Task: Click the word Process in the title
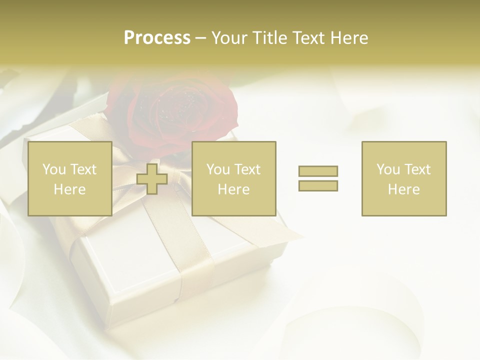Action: point(157,38)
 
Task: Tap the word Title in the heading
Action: point(268,38)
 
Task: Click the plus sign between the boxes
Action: point(152,179)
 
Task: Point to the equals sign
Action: point(318,178)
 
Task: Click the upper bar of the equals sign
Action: point(318,171)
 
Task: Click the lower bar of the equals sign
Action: point(318,185)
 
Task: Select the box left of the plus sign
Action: point(69,178)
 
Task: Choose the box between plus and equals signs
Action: point(233,178)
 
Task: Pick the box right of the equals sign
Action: point(404,178)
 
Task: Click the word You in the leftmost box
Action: point(54,169)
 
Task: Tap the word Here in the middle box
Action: point(233,189)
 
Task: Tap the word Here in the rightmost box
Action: point(404,189)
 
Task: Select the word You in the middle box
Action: point(218,169)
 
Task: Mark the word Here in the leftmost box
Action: point(69,189)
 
